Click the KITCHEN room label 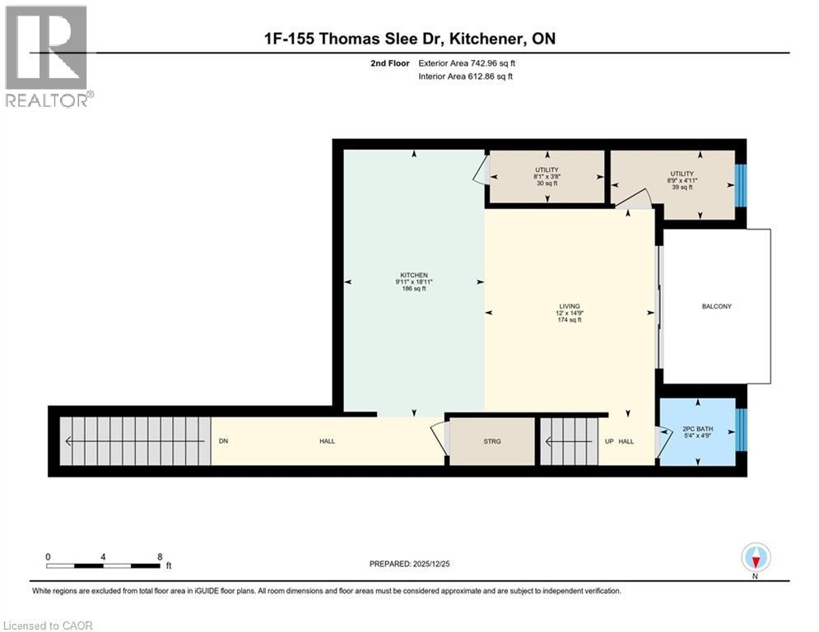coord(414,275)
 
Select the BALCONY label coord(716,306)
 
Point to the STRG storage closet coord(491,441)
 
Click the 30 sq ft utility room coord(547,176)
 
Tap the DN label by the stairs coord(223,441)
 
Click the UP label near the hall coord(608,441)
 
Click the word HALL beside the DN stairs coord(327,441)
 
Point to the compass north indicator coord(755,558)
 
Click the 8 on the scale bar coord(158,557)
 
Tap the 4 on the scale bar coord(103,557)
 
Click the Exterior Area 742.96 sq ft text coord(467,63)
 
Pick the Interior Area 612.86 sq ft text coord(467,77)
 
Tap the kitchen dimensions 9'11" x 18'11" coord(414,282)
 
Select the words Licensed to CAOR coord(48,625)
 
